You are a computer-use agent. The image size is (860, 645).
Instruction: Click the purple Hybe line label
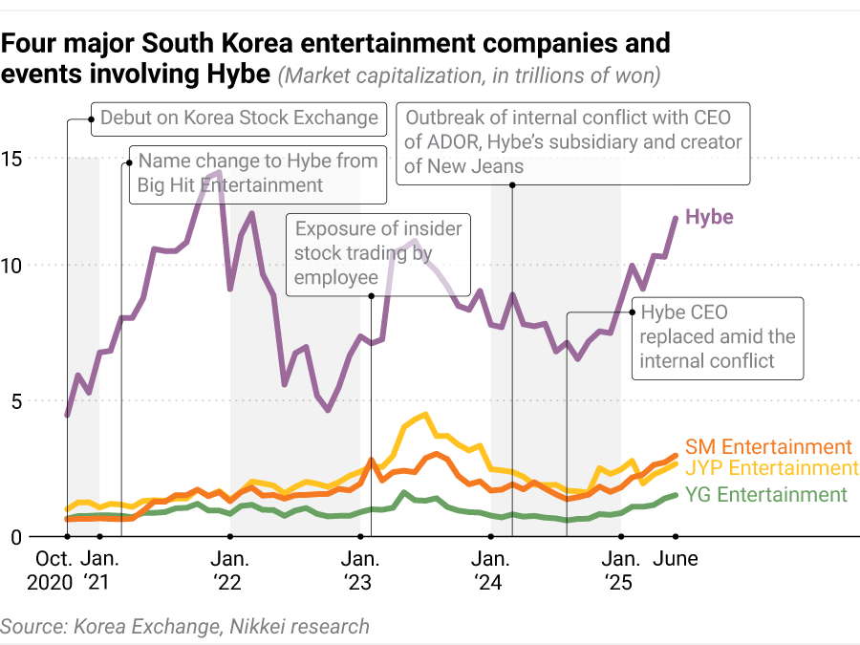click(x=709, y=217)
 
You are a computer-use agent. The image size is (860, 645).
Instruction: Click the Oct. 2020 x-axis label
click(x=54, y=570)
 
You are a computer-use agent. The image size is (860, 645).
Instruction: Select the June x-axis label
click(x=675, y=558)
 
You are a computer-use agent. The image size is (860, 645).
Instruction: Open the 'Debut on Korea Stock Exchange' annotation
click(x=239, y=118)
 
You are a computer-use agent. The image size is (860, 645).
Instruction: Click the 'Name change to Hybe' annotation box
click(x=257, y=173)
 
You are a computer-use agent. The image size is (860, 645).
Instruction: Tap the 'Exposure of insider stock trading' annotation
click(x=377, y=253)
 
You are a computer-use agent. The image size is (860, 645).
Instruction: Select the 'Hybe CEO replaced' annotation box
click(x=717, y=336)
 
